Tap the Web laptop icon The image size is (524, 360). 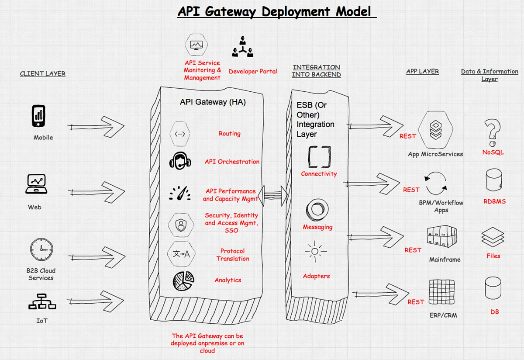(x=36, y=184)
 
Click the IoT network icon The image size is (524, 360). (x=42, y=301)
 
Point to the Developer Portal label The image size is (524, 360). (x=253, y=71)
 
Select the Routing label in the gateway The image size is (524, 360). (x=229, y=134)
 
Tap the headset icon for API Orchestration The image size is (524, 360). (x=180, y=160)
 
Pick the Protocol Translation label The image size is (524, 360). (x=233, y=255)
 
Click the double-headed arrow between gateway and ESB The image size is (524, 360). (x=272, y=193)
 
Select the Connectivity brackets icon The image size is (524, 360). (x=319, y=157)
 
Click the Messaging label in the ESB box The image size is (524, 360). (x=317, y=227)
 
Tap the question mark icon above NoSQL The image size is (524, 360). (x=493, y=133)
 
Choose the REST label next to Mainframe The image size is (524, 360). (x=413, y=250)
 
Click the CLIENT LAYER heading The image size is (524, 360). (x=43, y=74)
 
